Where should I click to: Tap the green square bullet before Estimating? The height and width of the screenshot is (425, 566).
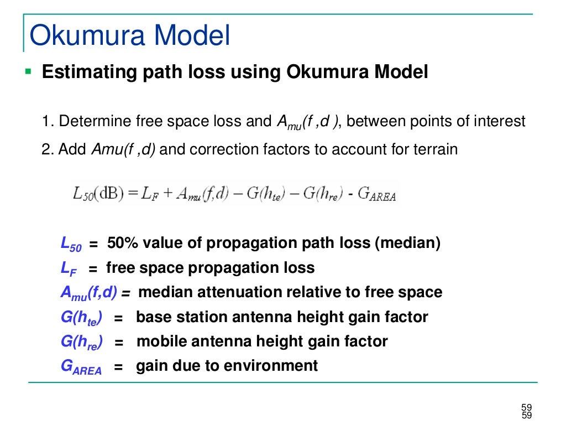29,71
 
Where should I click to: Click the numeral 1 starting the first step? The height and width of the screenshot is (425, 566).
45,121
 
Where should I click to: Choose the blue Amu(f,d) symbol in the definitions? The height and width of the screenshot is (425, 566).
88,293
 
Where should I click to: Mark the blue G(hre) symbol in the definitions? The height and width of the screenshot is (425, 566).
82,343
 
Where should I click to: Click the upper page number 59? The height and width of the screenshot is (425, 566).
526,407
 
